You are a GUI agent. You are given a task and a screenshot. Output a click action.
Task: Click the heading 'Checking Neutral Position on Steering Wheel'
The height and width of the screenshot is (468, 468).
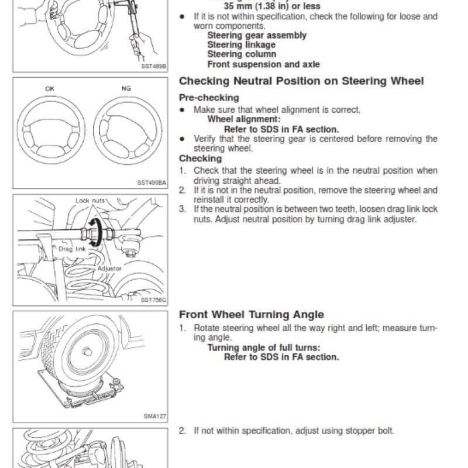tap(301, 81)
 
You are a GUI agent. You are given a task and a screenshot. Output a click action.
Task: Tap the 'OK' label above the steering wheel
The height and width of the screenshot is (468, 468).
tap(50, 89)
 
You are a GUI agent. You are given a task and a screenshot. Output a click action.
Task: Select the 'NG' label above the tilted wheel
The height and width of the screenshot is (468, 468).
tap(126, 88)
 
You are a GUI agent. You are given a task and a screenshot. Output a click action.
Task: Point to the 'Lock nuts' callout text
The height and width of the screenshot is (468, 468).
tap(90, 201)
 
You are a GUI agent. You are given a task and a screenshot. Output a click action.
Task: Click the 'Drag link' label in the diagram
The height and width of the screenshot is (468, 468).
tap(72, 249)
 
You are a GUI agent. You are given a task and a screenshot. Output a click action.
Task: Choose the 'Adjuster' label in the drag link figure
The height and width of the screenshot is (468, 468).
tap(109, 269)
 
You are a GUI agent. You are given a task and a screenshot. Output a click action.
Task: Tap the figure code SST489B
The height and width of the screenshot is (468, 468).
tap(153, 66)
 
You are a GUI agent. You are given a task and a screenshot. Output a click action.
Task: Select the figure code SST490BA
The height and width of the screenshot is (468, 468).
tap(152, 183)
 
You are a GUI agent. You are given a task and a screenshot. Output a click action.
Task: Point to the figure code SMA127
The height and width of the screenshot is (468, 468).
tap(154, 416)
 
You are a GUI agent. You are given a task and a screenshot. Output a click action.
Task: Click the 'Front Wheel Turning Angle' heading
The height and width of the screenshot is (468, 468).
tap(252, 315)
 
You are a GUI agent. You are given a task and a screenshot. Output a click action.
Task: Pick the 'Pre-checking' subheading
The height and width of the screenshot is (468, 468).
tap(209, 98)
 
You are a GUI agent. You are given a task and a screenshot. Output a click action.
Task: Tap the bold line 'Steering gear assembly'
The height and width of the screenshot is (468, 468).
tap(257, 35)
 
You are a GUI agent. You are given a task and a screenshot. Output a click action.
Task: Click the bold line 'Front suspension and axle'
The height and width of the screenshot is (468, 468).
tap(264, 64)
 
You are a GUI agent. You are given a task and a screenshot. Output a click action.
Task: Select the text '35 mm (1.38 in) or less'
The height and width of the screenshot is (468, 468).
tap(272, 6)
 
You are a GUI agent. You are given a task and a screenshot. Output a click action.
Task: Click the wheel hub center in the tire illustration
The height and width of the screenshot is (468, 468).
tap(87, 352)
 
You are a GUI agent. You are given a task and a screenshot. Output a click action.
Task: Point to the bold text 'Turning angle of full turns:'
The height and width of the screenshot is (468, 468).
tap(264, 347)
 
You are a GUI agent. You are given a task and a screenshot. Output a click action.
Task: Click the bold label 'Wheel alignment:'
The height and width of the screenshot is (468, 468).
tap(244, 119)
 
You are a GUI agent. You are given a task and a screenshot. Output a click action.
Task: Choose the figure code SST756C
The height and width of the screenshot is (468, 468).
tap(153, 300)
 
